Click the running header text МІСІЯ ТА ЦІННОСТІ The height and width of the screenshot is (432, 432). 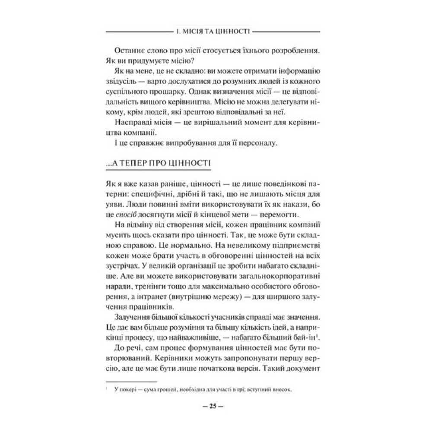click(215, 32)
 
